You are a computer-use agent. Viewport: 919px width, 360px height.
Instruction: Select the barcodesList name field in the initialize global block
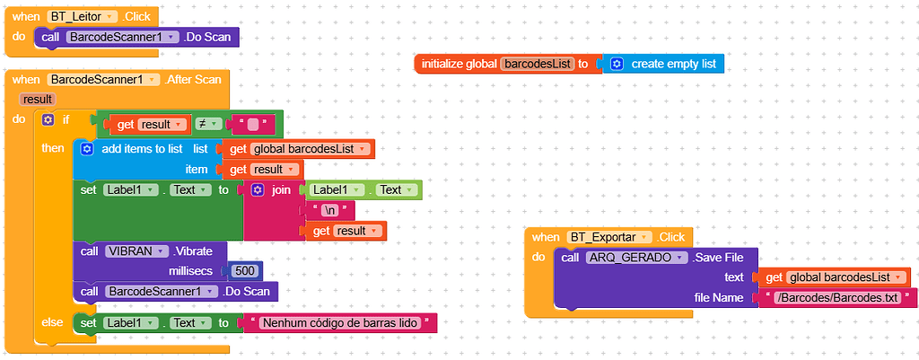(537, 64)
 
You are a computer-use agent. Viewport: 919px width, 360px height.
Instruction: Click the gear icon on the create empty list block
(617, 64)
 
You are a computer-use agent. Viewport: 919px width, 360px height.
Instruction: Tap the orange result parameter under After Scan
(37, 99)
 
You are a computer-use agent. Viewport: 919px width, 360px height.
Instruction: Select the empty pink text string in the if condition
(253, 124)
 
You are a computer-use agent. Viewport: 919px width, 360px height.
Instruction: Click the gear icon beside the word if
(48, 119)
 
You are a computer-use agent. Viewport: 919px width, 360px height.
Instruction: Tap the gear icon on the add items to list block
(87, 148)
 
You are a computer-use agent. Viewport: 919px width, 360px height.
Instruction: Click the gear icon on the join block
(258, 190)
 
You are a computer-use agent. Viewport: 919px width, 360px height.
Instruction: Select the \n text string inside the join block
(331, 210)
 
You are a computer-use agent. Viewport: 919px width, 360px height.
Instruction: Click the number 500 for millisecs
(246, 270)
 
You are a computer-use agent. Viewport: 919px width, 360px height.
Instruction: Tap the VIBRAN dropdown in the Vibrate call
(136, 250)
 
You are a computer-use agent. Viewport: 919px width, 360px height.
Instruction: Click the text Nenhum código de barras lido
(341, 322)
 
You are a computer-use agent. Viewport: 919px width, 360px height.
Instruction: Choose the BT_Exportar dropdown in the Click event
(607, 237)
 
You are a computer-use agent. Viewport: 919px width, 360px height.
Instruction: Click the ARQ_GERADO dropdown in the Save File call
(636, 258)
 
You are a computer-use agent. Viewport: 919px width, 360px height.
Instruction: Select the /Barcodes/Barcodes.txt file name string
(839, 297)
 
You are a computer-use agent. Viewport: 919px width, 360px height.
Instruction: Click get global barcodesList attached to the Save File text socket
(830, 277)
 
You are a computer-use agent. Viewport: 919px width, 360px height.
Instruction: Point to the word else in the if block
(52, 321)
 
